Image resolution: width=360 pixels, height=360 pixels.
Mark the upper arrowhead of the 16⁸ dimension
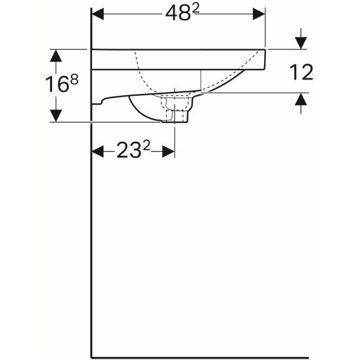[57, 55]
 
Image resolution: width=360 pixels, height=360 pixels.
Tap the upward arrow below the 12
[301, 99]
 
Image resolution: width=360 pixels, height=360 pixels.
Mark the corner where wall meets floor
[91, 357]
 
